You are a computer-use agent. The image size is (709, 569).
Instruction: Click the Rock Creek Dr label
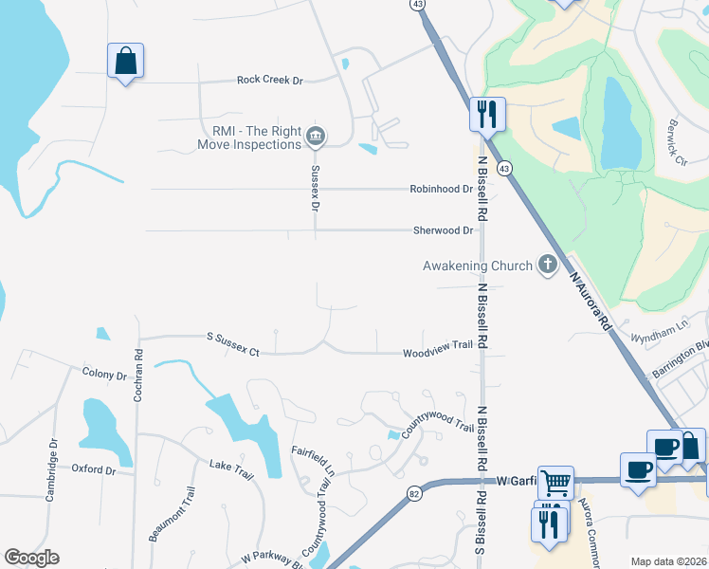269,81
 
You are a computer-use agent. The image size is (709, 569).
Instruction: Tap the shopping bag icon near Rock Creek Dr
125,62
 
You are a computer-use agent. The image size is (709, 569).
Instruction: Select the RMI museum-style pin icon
316,138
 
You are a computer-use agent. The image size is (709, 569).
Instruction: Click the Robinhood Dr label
441,189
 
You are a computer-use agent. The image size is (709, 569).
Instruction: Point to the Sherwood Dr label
443,230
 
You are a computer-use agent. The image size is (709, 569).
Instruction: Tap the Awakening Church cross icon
547,266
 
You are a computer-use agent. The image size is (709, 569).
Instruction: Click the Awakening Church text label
477,266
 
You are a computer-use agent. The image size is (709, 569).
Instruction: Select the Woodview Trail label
437,345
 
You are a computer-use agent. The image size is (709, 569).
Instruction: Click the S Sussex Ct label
233,343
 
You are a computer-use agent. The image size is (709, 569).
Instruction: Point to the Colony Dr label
104,376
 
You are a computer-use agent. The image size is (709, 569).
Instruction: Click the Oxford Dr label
94,469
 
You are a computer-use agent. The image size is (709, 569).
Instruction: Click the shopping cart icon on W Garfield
554,483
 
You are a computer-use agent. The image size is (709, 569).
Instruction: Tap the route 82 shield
414,492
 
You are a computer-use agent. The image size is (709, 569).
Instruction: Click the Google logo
31,558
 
